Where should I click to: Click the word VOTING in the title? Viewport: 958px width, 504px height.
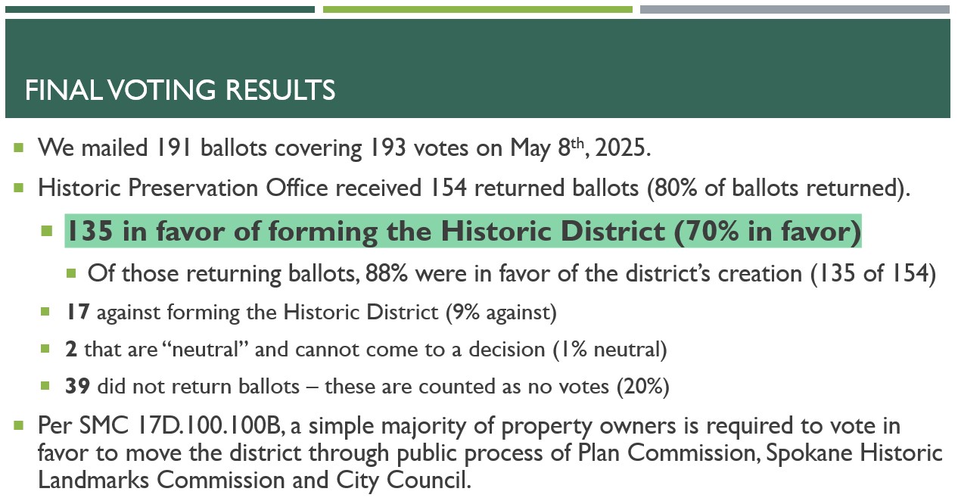(x=162, y=90)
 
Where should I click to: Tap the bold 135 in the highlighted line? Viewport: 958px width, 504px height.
(x=90, y=231)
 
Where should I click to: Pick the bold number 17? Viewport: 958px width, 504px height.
(x=77, y=312)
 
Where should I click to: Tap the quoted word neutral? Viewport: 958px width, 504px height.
(x=205, y=350)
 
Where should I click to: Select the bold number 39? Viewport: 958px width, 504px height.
(x=77, y=386)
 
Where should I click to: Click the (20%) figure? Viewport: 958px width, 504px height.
(x=642, y=387)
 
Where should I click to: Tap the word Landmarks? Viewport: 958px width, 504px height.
(x=93, y=480)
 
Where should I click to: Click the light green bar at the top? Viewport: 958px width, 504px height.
(x=477, y=9)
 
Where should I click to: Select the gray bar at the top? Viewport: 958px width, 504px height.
(x=795, y=9)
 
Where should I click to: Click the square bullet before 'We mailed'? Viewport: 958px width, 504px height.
(x=18, y=148)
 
